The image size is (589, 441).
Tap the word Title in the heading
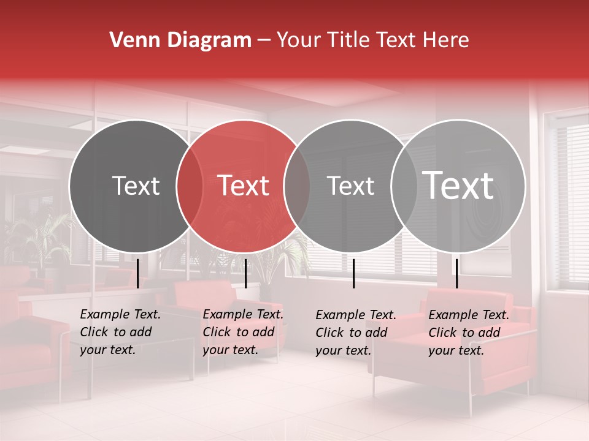coord(347,40)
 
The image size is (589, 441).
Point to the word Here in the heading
coord(445,40)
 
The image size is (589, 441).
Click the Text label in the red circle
coord(244,186)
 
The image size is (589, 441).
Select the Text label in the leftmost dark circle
coord(136,186)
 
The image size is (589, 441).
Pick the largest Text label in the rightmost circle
coord(458,185)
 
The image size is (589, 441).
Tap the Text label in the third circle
coord(350,186)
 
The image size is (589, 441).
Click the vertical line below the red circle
coord(245,273)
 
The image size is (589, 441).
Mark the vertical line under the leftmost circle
coord(138,273)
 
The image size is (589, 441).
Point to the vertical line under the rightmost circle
coord(456,273)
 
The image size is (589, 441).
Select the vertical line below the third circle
coord(353,273)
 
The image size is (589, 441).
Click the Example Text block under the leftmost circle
coord(120,332)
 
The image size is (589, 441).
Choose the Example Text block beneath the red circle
coord(243,332)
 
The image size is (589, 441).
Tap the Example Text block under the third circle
coord(356,333)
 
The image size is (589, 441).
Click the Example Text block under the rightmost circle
coord(469,333)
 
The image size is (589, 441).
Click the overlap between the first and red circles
coord(190,186)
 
